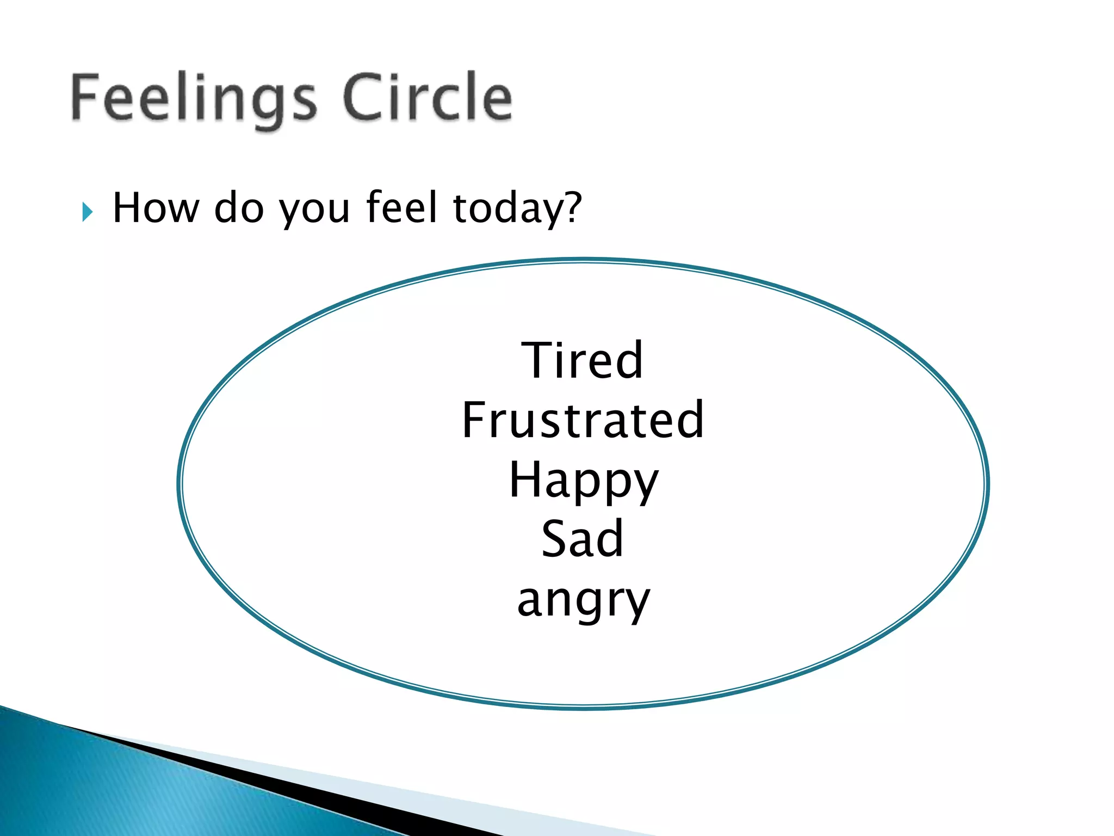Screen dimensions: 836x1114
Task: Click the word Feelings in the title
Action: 193,98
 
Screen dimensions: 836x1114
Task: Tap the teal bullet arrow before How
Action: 87,212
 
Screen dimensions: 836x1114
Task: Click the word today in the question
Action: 508,209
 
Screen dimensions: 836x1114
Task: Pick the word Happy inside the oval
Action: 584,481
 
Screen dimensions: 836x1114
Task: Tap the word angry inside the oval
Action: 583,601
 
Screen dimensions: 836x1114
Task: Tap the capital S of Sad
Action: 555,538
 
